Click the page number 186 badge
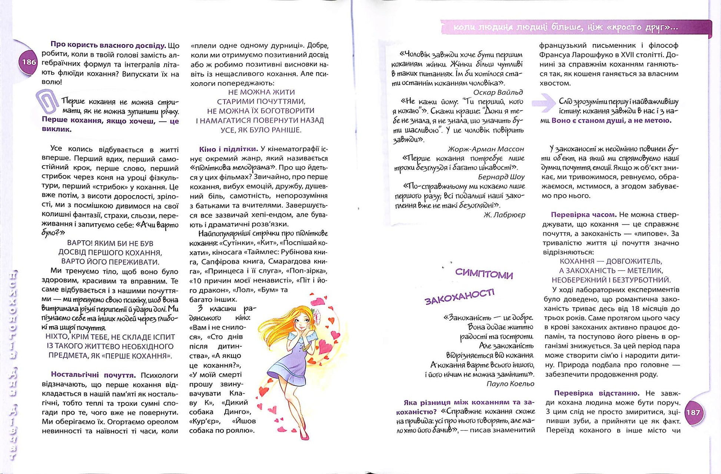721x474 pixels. tap(29, 62)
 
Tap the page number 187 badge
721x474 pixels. tap(693, 413)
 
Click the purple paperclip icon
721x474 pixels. tap(47, 101)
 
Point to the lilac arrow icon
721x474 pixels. tap(543, 103)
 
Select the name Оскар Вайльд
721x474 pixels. tap(498, 93)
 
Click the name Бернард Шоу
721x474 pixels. tap(501, 177)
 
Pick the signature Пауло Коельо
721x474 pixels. tap(510, 384)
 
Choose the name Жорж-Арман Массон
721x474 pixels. tap(486, 149)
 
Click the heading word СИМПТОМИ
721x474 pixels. tap(484, 274)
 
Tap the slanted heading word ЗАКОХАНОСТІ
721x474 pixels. tap(459, 297)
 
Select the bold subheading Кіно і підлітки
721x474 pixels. tap(228, 149)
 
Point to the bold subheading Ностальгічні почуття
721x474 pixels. tap(93, 375)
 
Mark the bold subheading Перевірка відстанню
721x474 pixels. tap(597, 393)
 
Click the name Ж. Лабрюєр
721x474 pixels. tap(504, 215)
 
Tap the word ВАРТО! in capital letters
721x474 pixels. tap(80, 244)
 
